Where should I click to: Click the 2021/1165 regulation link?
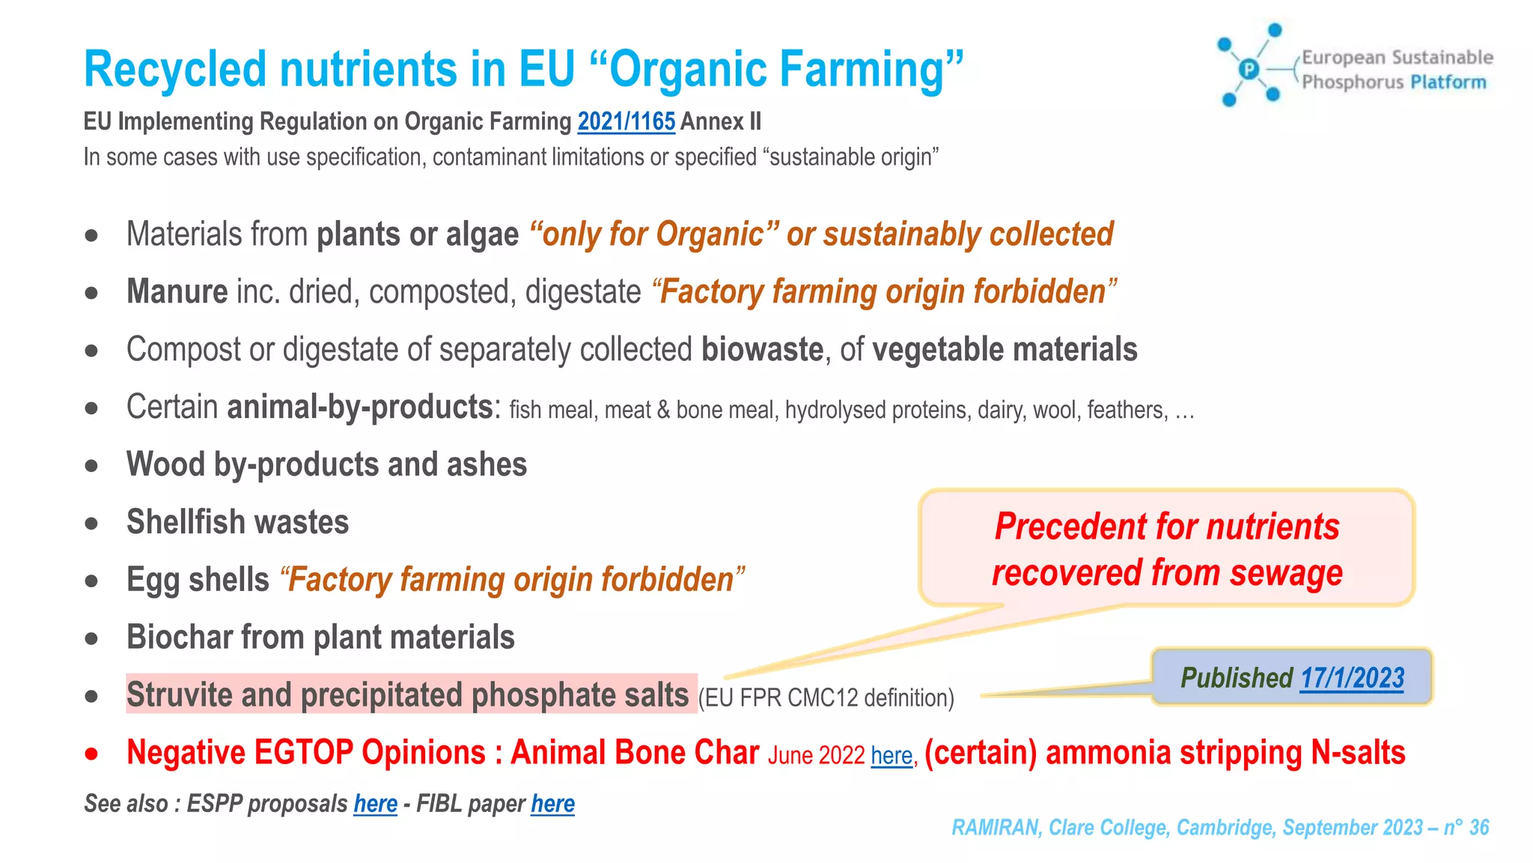tap(626, 121)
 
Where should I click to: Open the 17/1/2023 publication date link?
tap(1351, 678)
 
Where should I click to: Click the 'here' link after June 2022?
tap(892, 755)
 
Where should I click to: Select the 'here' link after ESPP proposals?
tap(375, 804)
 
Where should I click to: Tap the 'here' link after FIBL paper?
tap(552, 804)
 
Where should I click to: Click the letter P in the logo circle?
tap(1249, 70)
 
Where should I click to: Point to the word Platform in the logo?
tap(1448, 82)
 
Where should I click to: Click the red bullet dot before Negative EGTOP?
tap(91, 754)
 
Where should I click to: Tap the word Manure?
tap(177, 291)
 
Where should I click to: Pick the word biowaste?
tap(762, 350)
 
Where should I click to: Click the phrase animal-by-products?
tap(360, 408)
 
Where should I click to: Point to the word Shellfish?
tap(180, 522)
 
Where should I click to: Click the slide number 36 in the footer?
tap(1478, 827)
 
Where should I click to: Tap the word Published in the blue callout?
tap(1236, 678)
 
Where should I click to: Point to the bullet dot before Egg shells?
tap(91, 581)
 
